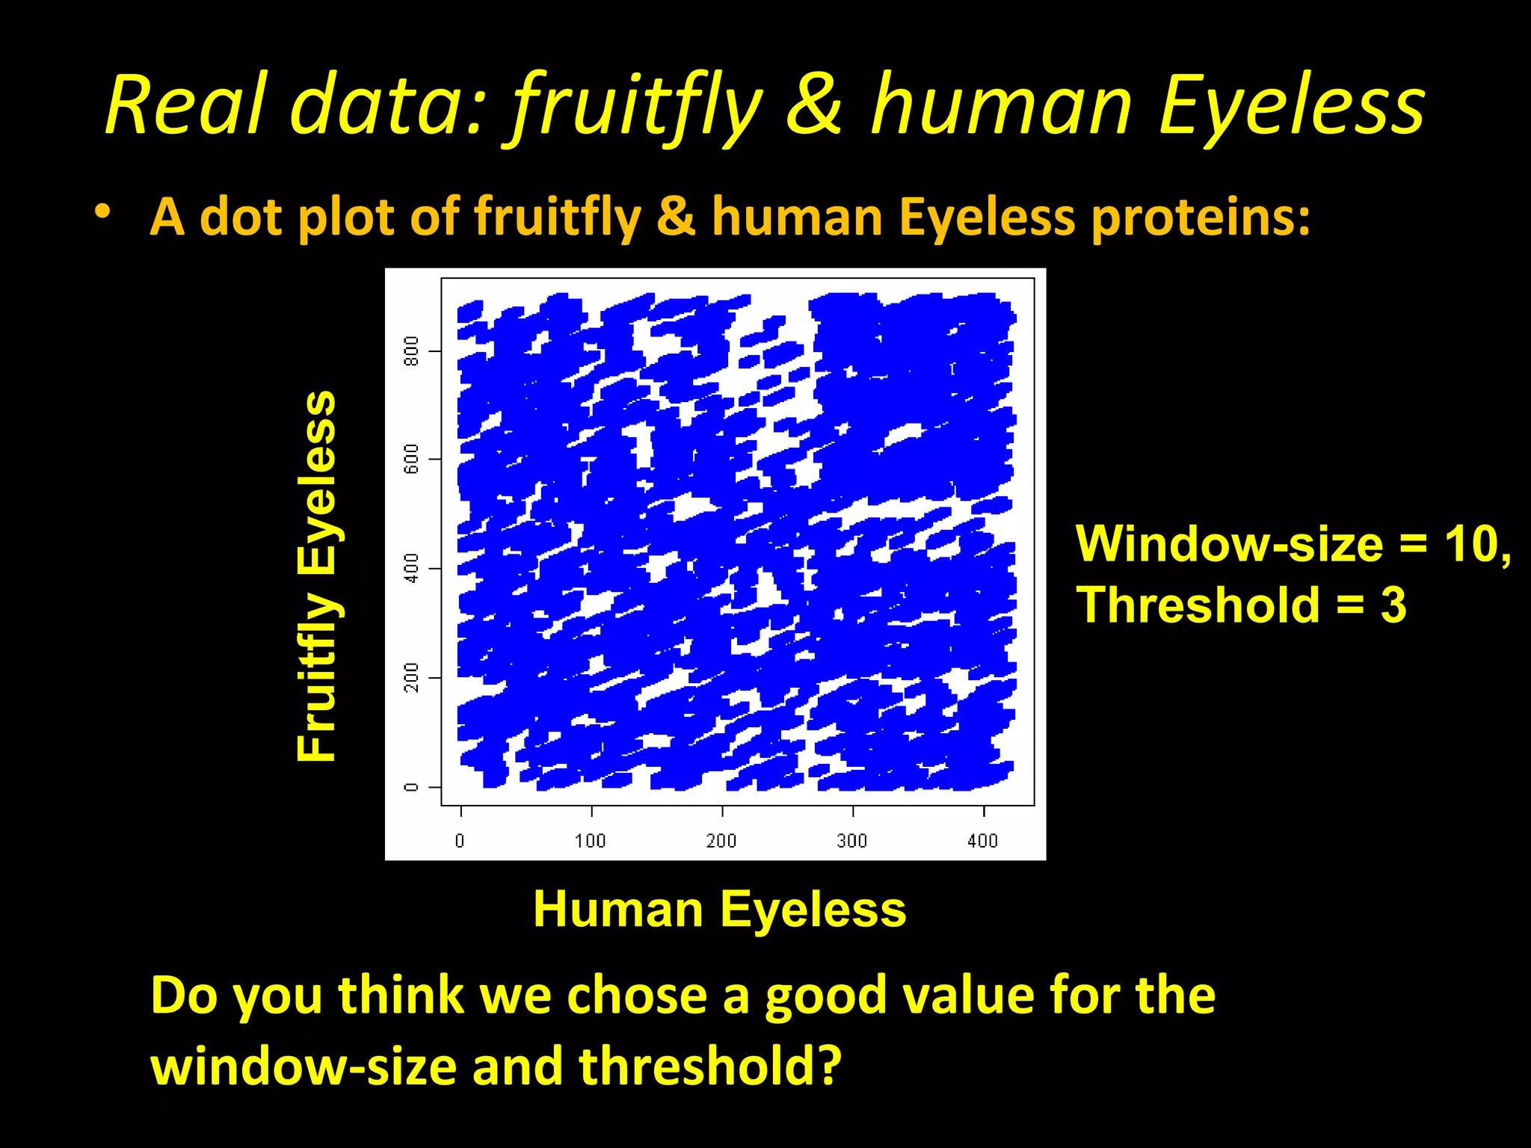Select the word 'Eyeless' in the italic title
[x=1291, y=106]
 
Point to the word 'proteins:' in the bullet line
[x=1199, y=217]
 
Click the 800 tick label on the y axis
[x=411, y=351]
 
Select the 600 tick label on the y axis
[x=411, y=459]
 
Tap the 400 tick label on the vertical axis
[x=411, y=568]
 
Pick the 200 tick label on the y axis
[x=411, y=677]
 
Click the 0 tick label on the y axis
[x=411, y=786]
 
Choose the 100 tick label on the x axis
[x=590, y=841]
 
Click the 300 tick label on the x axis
[x=851, y=841]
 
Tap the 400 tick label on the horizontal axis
[x=982, y=841]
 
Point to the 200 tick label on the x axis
[x=721, y=841]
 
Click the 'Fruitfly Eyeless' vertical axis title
[x=317, y=575]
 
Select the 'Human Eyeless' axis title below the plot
[x=719, y=910]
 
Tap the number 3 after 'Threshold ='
[x=1393, y=605]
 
